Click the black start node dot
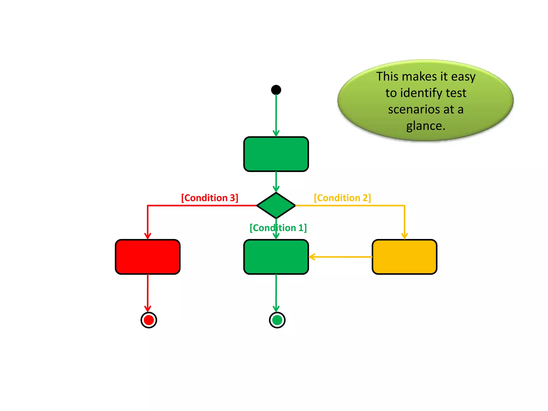[x=276, y=90]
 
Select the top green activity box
[x=276, y=154]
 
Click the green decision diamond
[x=276, y=205]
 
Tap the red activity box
[x=148, y=257]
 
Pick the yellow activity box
[x=404, y=257]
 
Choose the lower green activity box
[x=276, y=257]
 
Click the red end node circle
[x=149, y=320]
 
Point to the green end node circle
[x=277, y=320]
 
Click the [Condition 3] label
[x=210, y=198]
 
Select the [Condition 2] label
[x=342, y=198]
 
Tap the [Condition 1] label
[x=278, y=228]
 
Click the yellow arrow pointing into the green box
[x=340, y=257]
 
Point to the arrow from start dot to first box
[x=276, y=115]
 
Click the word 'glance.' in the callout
[x=426, y=126]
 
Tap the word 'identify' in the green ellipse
[x=423, y=93]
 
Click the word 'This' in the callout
[x=387, y=77]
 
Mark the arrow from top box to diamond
[x=276, y=181]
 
